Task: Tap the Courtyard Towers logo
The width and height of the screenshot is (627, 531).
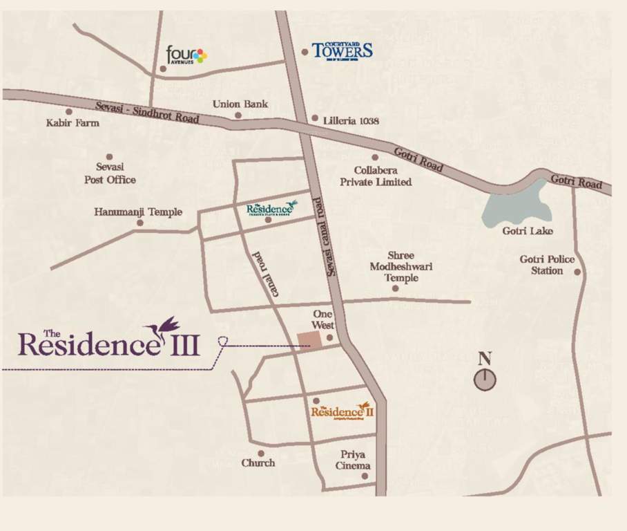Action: coord(342,51)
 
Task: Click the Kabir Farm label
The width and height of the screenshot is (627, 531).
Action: coord(73,123)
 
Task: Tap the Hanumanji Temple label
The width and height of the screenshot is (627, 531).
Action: coord(138,212)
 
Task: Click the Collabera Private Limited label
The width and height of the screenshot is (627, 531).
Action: coord(376,176)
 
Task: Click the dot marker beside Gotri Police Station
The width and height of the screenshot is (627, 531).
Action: coord(577,272)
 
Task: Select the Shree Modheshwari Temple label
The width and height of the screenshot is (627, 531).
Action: coord(401,267)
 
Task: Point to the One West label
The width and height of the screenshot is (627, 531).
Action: coord(323,319)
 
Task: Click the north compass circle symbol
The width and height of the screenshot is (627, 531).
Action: coord(485,379)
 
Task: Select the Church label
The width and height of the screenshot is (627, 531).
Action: coord(258,463)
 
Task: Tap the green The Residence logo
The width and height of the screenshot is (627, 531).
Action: coord(271,209)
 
